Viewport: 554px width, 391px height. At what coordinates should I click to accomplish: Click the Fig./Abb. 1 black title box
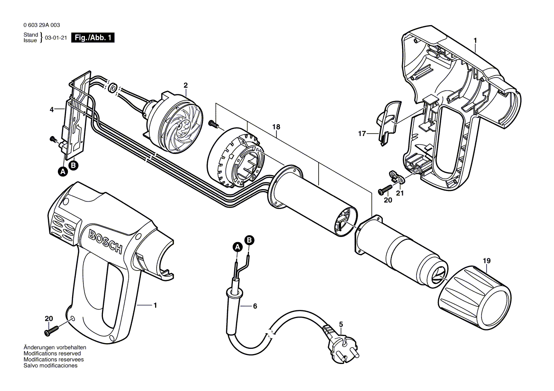(x=93, y=38)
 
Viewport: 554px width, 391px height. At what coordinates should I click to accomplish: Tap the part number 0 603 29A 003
(x=42, y=25)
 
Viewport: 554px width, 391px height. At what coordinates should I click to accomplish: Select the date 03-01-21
(x=56, y=38)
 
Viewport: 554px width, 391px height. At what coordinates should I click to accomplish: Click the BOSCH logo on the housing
(x=105, y=241)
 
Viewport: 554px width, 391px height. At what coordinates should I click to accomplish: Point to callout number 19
(x=487, y=261)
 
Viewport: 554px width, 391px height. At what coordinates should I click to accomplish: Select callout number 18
(x=276, y=127)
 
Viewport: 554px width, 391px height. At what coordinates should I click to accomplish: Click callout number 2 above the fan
(x=185, y=85)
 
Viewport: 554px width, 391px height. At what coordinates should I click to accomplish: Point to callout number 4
(x=52, y=110)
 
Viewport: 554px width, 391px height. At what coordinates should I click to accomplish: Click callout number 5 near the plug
(x=341, y=324)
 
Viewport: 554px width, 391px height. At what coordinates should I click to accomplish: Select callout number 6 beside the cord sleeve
(x=255, y=306)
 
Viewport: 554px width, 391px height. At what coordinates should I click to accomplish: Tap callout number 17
(x=362, y=134)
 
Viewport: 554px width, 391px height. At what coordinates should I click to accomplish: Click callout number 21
(x=399, y=193)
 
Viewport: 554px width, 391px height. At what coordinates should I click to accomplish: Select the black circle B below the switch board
(x=74, y=165)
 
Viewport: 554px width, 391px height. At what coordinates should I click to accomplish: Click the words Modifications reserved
(x=52, y=353)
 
